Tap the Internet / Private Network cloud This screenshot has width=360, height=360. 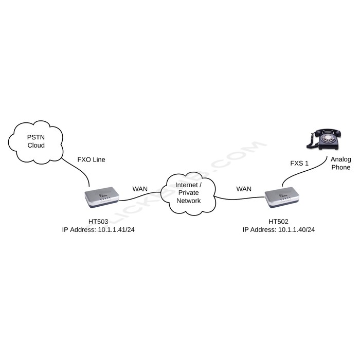(x=189, y=193)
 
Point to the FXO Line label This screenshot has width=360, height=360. (x=91, y=159)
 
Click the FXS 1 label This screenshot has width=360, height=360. (x=300, y=164)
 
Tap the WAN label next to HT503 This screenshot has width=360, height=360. (x=140, y=189)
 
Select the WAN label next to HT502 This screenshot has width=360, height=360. (x=244, y=189)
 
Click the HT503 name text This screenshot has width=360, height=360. (x=98, y=222)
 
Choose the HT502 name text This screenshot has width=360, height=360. (x=278, y=222)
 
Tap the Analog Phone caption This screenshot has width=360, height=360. (x=340, y=164)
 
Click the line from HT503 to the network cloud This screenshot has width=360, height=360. (x=140, y=197)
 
